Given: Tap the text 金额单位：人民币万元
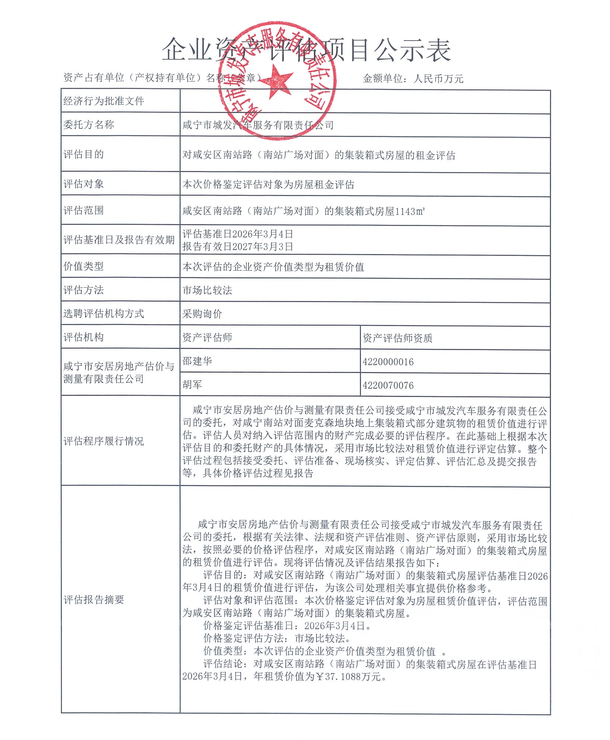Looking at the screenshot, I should (x=413, y=79).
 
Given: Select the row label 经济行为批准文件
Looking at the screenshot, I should (x=104, y=101).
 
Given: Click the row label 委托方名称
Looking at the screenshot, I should (x=89, y=125).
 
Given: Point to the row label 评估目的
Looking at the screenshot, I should (x=84, y=154).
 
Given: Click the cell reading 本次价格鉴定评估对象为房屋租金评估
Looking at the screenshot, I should (x=268, y=185).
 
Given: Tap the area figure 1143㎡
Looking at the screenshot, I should (x=410, y=212).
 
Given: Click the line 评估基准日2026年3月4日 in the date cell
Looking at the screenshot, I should (x=238, y=234).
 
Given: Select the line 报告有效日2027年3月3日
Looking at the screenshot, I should (x=238, y=246).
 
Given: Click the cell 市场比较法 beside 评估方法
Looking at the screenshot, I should (x=207, y=291).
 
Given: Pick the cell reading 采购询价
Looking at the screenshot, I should (x=202, y=314).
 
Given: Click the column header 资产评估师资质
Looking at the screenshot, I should (x=397, y=338).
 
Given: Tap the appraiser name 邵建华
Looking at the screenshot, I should (x=197, y=361).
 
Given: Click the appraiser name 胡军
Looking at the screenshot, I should (x=192, y=385).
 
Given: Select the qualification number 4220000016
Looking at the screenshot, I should (x=388, y=362).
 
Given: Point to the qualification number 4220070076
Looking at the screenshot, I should (x=388, y=386).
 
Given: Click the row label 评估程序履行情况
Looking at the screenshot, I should (x=104, y=441).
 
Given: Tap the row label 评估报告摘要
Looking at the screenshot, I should (x=94, y=600).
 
